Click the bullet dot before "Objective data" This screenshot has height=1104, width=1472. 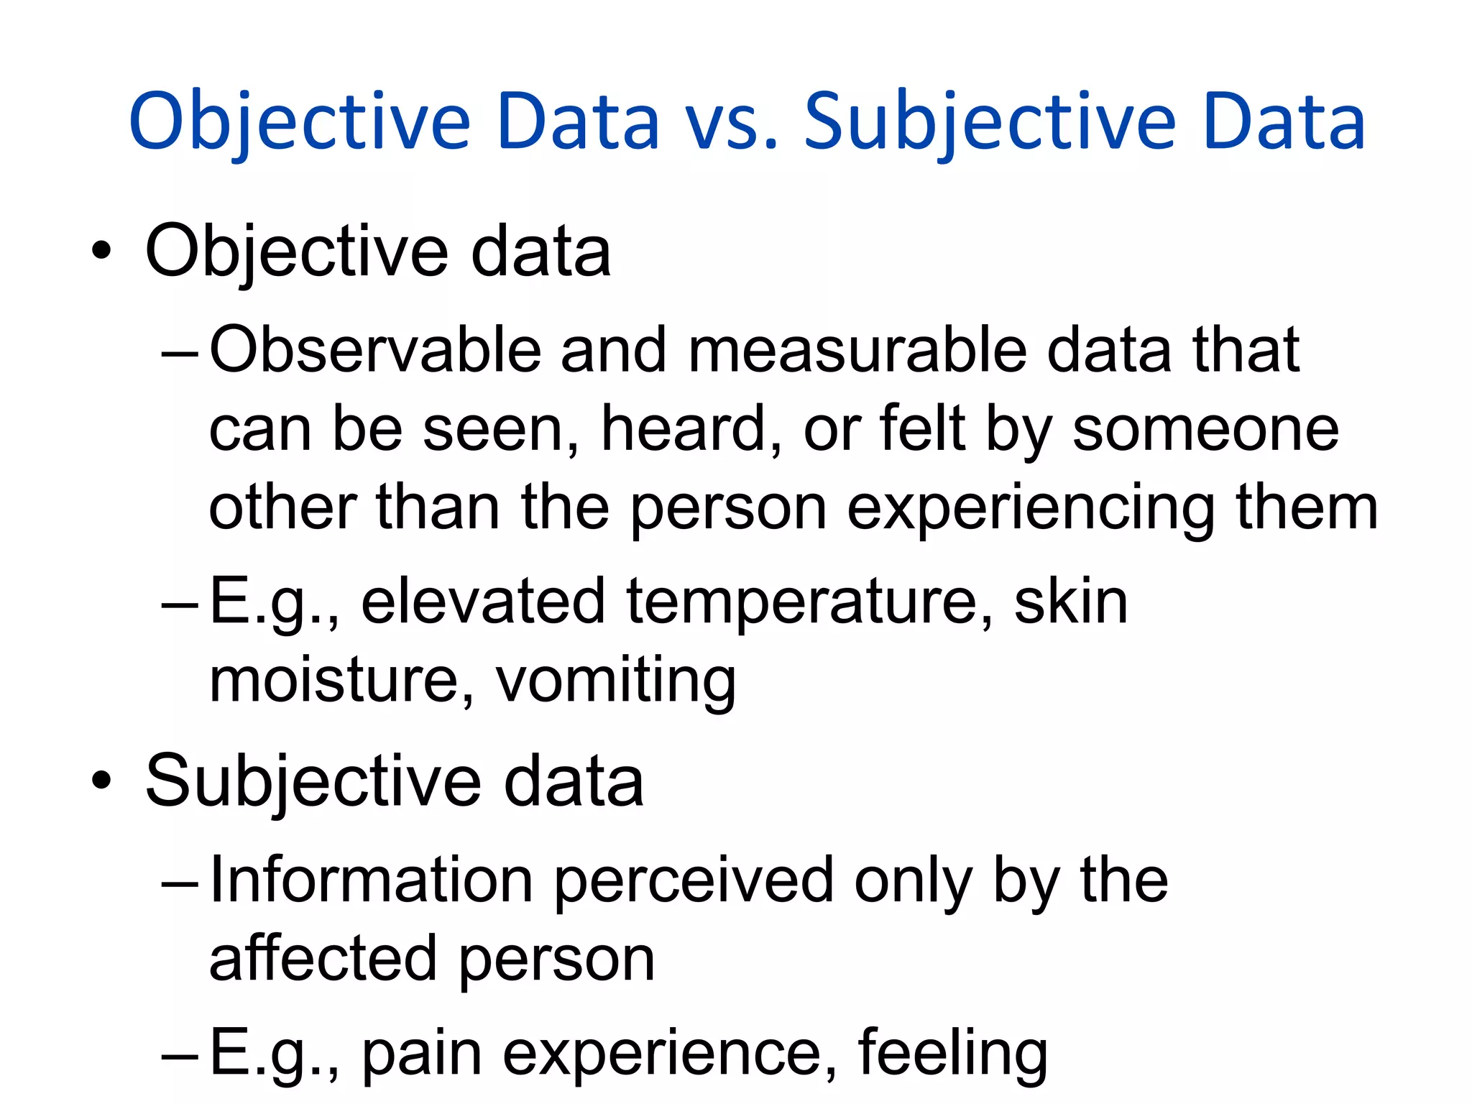click(102, 251)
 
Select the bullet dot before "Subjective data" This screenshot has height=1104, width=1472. click(102, 781)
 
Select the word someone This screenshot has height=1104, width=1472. click(1205, 429)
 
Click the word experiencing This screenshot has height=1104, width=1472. click(1031, 510)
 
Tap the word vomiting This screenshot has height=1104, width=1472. click(616, 681)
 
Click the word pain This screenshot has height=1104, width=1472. click(421, 1054)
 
